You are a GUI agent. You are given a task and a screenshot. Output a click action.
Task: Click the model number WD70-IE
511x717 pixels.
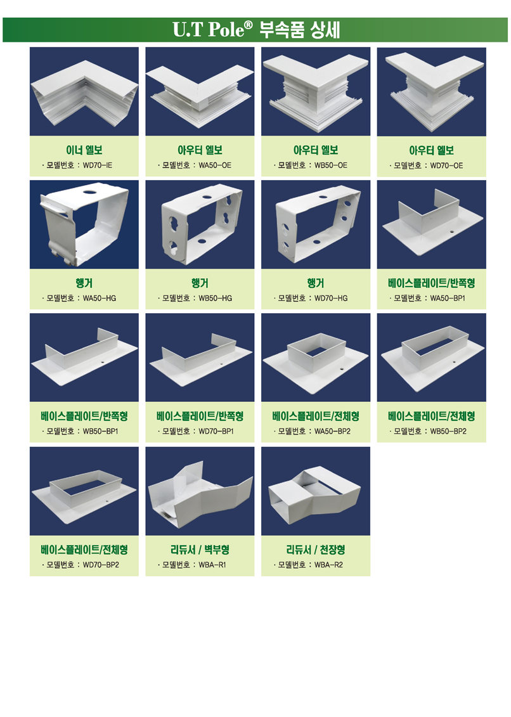click(98, 165)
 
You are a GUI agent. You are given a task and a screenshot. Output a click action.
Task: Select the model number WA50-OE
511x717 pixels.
click(215, 165)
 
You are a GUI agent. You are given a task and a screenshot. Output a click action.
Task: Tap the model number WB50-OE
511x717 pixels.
click(331, 165)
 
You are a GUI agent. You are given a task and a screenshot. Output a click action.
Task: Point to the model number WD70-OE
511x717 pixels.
click(446, 165)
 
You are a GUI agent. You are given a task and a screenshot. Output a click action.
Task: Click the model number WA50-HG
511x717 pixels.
click(100, 298)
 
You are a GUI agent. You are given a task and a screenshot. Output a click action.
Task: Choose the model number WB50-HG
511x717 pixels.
click(215, 298)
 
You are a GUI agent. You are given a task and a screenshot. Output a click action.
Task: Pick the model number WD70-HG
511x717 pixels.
click(331, 298)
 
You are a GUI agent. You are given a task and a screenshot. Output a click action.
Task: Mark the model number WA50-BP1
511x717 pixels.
click(448, 298)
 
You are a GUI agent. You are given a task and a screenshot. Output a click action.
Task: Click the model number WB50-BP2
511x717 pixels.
click(448, 431)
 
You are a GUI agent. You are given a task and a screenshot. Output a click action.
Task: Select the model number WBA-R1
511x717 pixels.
click(212, 565)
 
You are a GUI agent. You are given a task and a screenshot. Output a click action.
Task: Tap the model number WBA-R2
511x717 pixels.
click(328, 565)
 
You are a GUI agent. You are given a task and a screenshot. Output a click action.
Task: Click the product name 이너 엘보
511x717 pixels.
click(84, 150)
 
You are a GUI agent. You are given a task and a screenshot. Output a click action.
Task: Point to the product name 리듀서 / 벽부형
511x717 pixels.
click(200, 550)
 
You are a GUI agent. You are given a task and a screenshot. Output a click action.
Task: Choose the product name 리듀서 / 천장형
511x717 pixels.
click(316, 550)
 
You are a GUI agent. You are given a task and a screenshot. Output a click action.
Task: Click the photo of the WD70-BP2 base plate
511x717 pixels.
click(84, 491)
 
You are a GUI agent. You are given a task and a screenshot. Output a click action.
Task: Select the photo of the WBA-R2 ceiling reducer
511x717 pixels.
click(316, 491)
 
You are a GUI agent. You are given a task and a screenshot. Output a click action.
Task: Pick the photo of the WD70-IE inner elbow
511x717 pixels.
click(84, 91)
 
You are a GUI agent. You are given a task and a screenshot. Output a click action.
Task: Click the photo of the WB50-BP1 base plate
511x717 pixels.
click(84, 358)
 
